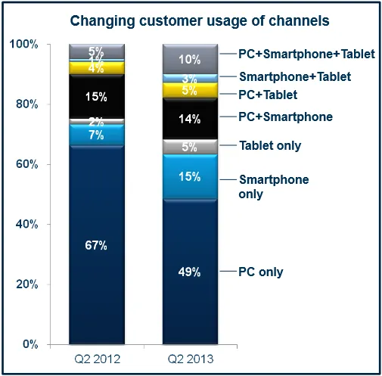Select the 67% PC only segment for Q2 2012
(96, 245)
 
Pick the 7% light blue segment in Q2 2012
(96, 135)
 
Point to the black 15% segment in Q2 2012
(96, 97)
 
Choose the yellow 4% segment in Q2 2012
(96, 68)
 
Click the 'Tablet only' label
(270, 145)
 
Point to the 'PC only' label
(261, 271)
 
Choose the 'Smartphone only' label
(263, 187)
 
